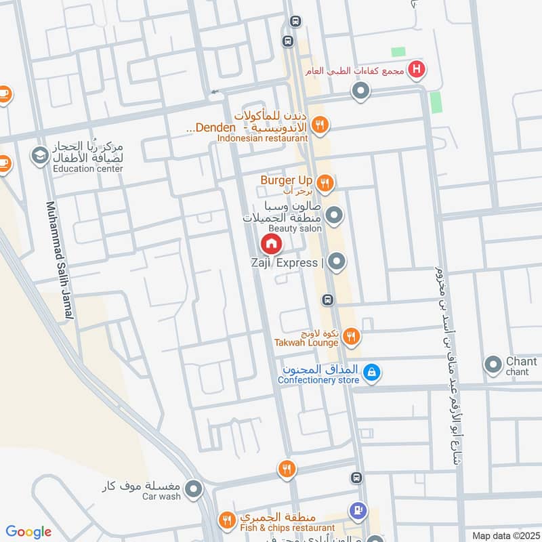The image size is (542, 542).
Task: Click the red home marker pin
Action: (271, 244)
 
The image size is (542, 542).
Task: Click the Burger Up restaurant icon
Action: (327, 182)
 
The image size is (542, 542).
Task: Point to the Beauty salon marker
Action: (334, 217)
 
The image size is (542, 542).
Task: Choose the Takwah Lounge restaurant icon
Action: (351, 335)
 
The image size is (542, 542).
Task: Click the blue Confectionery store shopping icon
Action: (371, 371)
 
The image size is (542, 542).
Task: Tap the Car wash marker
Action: (194, 488)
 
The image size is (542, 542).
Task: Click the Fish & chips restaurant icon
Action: (226, 520)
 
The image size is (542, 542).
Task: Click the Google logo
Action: (28, 533)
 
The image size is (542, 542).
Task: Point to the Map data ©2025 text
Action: (504, 535)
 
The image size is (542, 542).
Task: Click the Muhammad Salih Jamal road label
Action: (60, 262)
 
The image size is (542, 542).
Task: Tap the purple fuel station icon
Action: (357, 509)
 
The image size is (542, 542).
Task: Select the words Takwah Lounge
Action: (306, 343)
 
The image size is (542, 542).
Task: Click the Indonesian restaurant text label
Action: (263, 138)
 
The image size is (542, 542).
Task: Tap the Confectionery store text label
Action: (318, 380)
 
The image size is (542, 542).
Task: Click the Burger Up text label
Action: (286, 180)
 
